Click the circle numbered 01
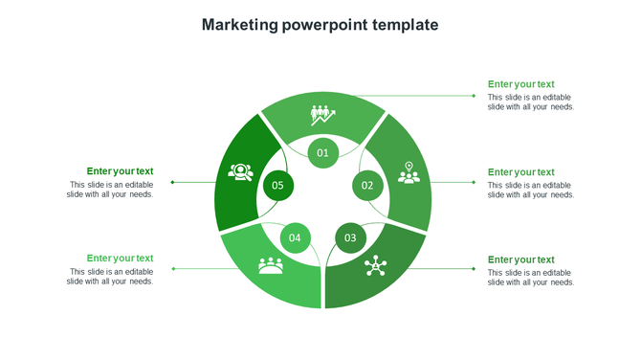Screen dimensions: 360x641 (322, 152)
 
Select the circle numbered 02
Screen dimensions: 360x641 (367, 185)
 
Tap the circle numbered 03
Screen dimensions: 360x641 (350, 237)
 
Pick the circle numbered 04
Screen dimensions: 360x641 (295, 237)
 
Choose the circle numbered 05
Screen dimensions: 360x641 (277, 185)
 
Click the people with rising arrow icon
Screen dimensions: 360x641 (322, 116)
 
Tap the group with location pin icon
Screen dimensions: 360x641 (409, 173)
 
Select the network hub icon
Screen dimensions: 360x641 (374, 266)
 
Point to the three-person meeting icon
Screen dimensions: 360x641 (271, 265)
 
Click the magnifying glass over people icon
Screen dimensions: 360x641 (239, 173)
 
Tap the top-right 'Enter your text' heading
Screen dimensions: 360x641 (520, 84)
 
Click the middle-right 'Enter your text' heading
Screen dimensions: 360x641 (520, 172)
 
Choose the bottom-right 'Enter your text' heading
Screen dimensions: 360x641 (520, 259)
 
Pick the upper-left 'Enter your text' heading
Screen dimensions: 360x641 (120, 171)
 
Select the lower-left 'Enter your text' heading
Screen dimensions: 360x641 (120, 258)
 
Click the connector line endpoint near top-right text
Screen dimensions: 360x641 (475, 96)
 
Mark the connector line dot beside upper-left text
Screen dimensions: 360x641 (172, 182)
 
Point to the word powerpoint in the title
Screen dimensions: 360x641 (324, 25)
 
